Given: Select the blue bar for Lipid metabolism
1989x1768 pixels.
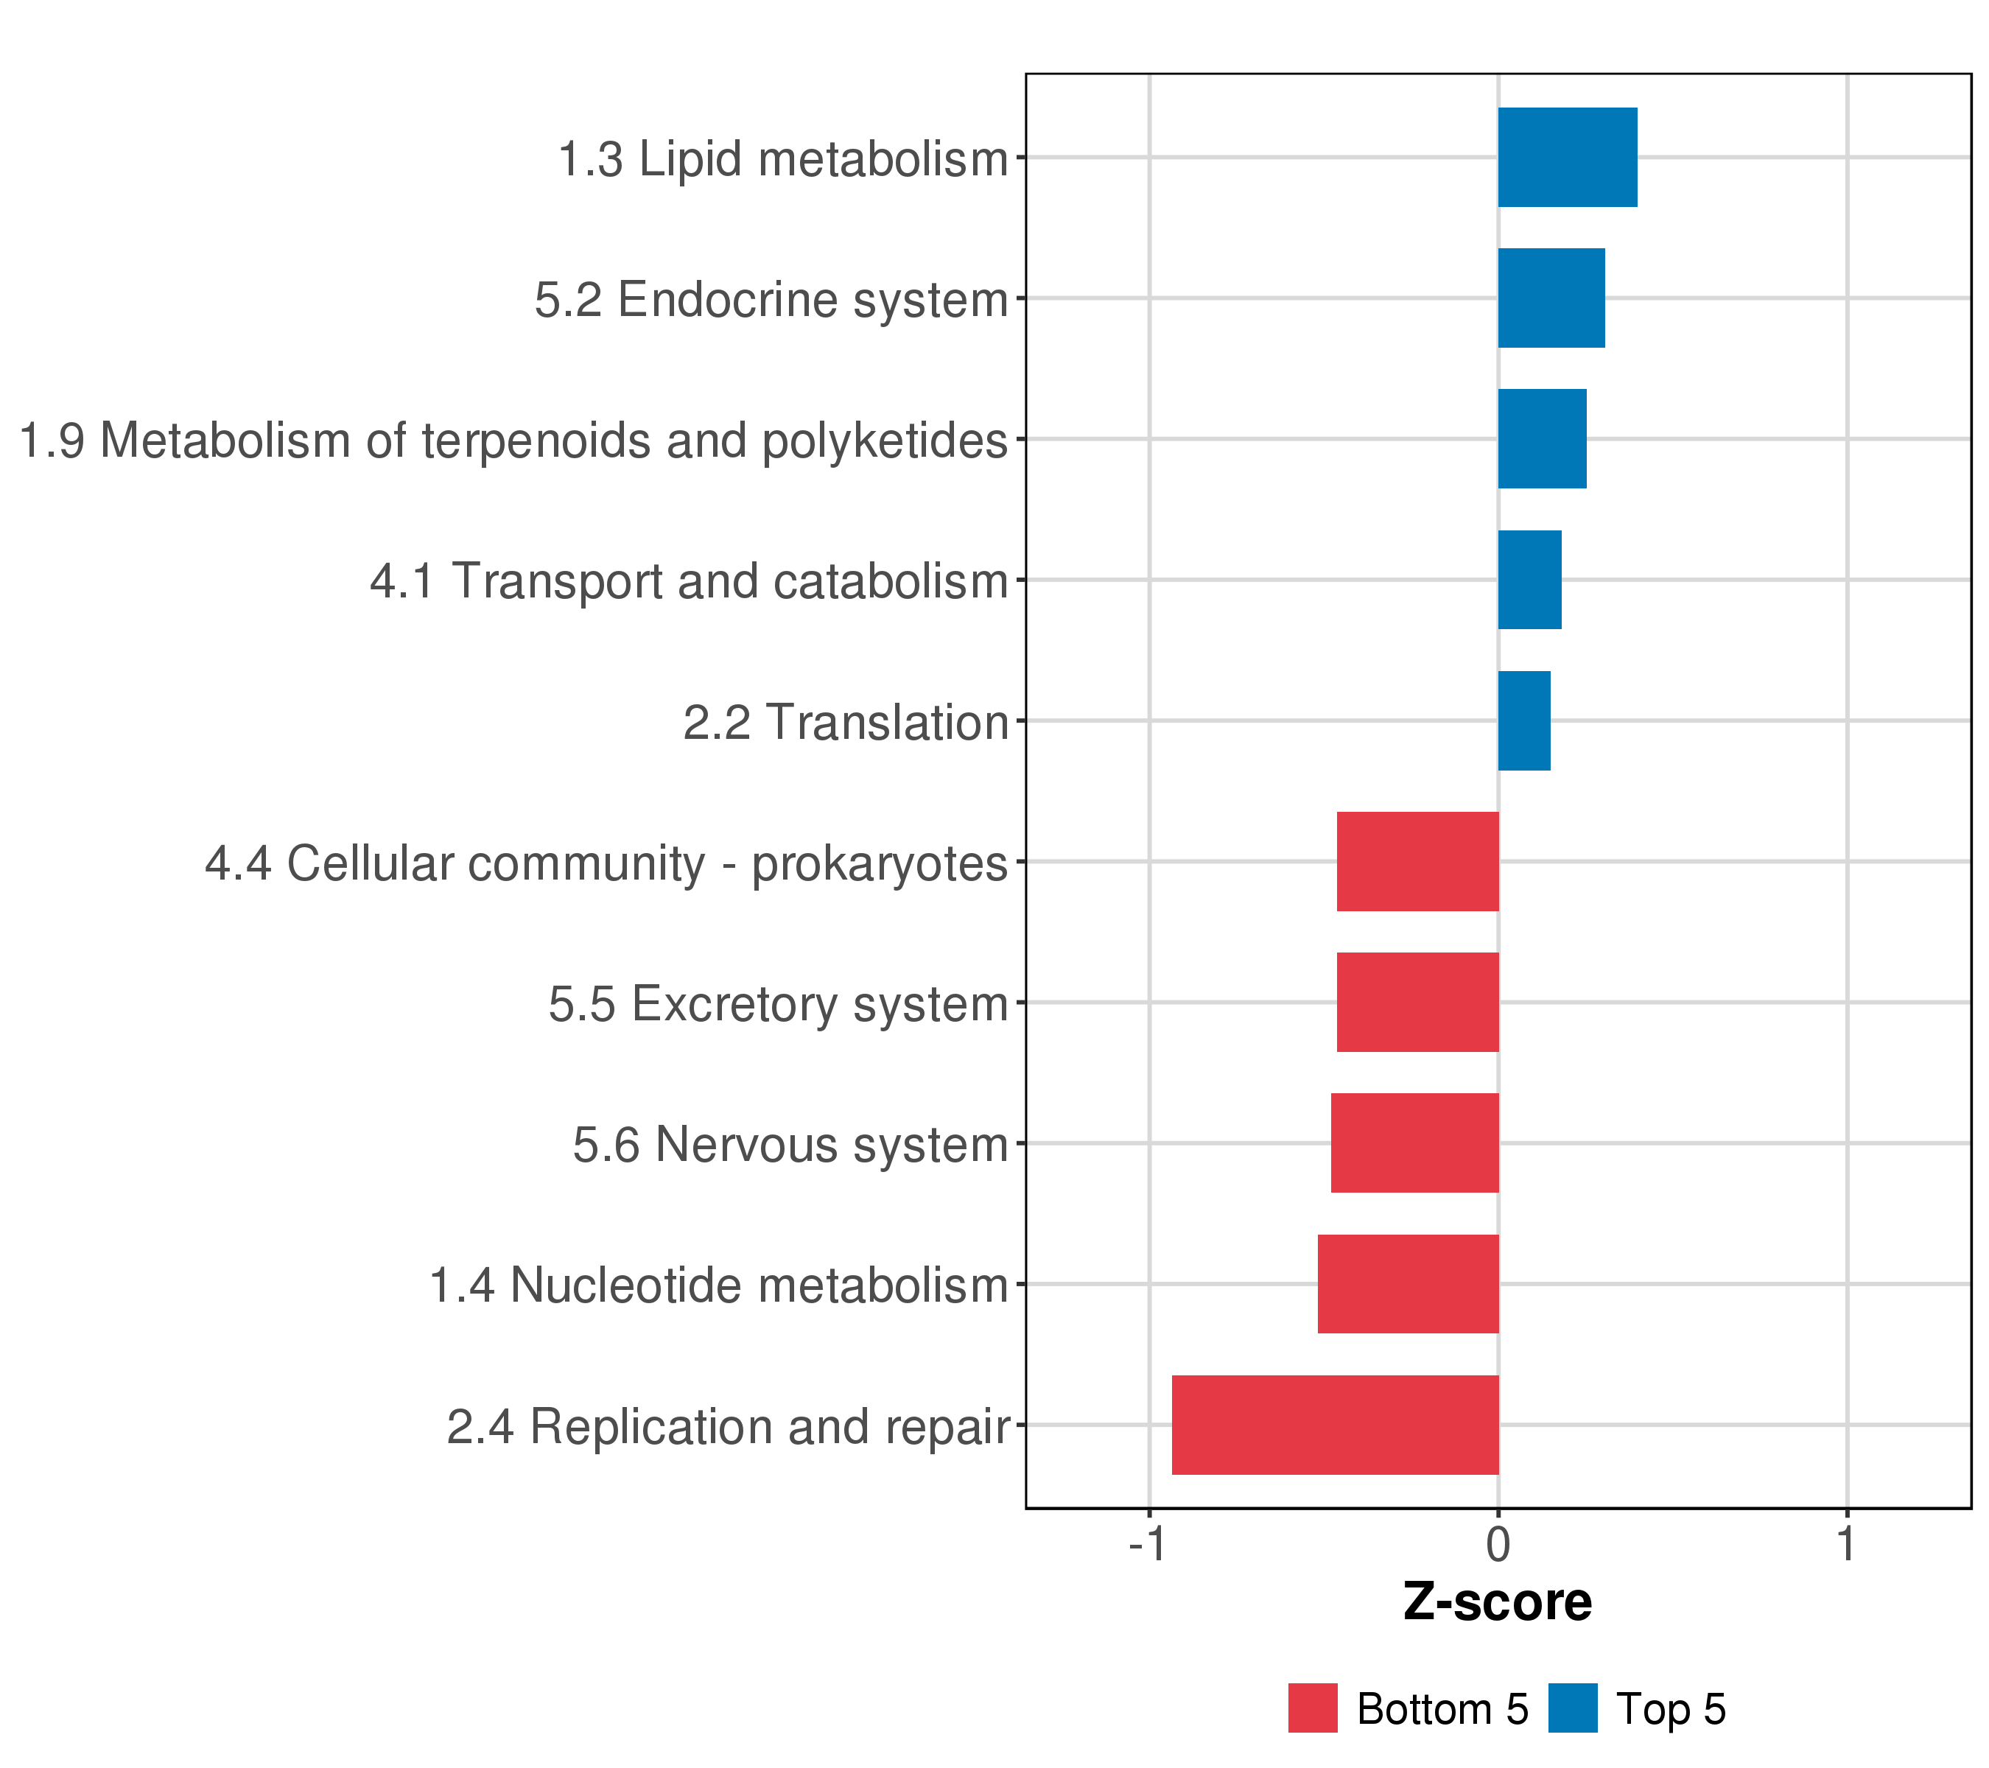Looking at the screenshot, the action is click(1568, 158).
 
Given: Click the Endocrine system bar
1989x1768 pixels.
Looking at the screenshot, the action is click(1551, 298).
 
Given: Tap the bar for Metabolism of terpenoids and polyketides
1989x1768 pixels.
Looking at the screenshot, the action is click(1543, 439).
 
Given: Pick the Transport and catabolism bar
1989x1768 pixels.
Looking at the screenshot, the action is click(1530, 580).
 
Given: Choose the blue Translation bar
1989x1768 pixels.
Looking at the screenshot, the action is click(1524, 721).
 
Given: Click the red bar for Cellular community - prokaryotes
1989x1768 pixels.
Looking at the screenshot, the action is click(1418, 862).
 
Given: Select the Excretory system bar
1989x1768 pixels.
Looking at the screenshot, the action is click(1418, 1002).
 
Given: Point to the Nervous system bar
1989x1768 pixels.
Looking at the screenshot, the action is click(1415, 1143).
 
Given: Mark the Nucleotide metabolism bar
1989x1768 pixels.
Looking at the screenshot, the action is click(1408, 1285).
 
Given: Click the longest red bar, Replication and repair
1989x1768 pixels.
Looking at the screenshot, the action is click(1335, 1425).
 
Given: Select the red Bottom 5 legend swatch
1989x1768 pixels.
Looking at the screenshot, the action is click(1313, 1708).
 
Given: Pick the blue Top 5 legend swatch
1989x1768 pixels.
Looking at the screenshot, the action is click(1573, 1708).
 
